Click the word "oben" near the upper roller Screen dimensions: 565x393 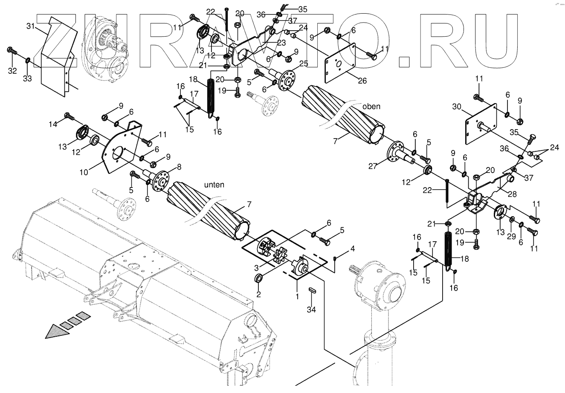click(371, 107)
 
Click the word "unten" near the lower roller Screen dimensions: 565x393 click(214, 185)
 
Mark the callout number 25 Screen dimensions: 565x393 click(304, 64)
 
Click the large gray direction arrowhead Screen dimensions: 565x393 click(58, 331)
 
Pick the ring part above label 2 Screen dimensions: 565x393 click(258, 279)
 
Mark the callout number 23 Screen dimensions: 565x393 click(281, 43)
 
